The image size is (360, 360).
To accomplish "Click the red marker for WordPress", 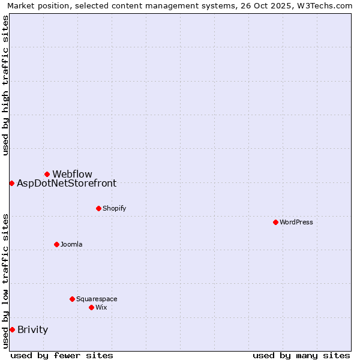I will pos(275,222).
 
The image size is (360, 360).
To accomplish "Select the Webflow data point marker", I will pos(47,174).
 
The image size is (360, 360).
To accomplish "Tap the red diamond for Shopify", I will pos(98,208).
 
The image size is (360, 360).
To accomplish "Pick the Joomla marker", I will pos(56,244).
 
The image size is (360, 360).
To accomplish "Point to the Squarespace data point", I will pos(72,299).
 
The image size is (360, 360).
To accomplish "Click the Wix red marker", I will pos(91,307).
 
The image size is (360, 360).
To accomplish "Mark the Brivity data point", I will pos(12,329).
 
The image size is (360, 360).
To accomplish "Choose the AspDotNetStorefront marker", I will pos(11,183).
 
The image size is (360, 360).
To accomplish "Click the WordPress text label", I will pos(296,222).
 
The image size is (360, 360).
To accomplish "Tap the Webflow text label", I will pos(72,174).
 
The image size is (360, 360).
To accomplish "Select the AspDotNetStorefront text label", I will pos(67,183).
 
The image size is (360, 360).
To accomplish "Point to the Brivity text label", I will pos(33,329).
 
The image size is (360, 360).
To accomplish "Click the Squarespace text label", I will pos(97,299).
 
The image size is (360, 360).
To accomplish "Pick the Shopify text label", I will pos(114,208).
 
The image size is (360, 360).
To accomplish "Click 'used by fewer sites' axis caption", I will pos(62,355).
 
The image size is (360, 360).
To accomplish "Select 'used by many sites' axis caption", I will pos(301,355).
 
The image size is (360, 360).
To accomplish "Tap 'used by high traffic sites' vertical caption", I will pos(5,85).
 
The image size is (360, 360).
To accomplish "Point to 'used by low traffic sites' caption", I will pos(5,281).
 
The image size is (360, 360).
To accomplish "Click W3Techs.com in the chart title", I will pos(328,5).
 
